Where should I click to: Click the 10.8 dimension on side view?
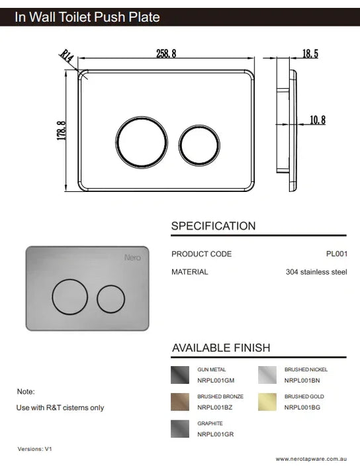pos(318,120)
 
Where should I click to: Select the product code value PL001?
pos(336,254)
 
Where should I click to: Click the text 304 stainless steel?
pos(316,271)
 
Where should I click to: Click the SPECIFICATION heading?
pos(213,226)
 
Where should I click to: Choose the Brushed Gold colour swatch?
pos(267,402)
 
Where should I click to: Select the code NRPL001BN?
pos(302,381)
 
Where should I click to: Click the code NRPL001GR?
pos(215,434)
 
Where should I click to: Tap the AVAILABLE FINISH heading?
pos(221,348)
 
